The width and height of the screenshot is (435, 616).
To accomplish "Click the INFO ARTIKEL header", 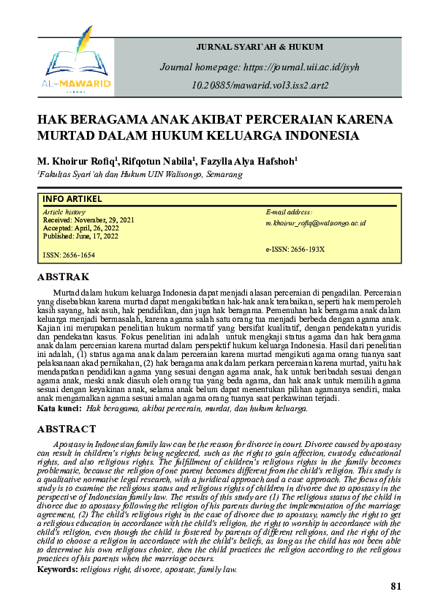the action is [72, 199].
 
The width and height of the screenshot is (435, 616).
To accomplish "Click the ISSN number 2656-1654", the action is [69, 255].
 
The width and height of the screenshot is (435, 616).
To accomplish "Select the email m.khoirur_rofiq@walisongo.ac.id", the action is [315, 222].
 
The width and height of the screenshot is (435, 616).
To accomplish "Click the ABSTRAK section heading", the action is [63, 277].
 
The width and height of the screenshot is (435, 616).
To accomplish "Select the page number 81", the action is [396, 586].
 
